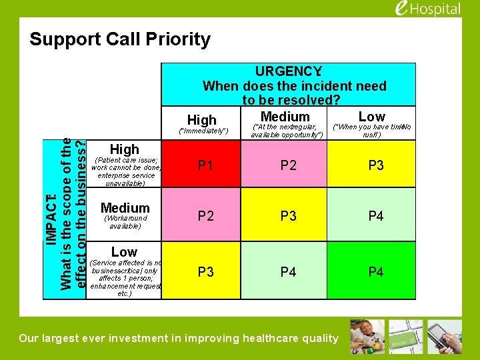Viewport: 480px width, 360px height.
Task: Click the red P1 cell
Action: tap(205, 165)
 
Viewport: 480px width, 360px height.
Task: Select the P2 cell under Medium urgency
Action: tap(289, 165)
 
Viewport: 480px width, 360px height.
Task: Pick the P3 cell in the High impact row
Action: tap(376, 165)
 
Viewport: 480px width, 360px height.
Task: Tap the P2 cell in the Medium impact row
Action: tap(205, 216)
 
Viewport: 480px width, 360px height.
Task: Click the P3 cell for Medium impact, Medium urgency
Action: tap(289, 216)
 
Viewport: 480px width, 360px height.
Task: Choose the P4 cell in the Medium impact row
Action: tap(376, 216)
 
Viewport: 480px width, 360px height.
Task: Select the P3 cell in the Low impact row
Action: tap(205, 271)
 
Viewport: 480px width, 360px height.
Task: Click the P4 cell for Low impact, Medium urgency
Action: tap(289, 271)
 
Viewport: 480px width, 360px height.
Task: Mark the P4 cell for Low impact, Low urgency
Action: tap(376, 271)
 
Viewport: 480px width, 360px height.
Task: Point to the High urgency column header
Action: tap(202, 120)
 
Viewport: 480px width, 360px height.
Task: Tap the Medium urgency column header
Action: tap(285, 117)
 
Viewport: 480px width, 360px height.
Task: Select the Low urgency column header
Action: tap(371, 117)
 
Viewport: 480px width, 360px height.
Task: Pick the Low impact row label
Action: tap(124, 252)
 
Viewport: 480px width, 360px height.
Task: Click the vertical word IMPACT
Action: tap(51, 213)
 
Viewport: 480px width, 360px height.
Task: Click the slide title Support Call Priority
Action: tap(120, 39)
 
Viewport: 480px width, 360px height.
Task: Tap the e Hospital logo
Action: tap(427, 9)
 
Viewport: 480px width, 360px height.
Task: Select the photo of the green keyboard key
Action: tap(406, 337)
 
